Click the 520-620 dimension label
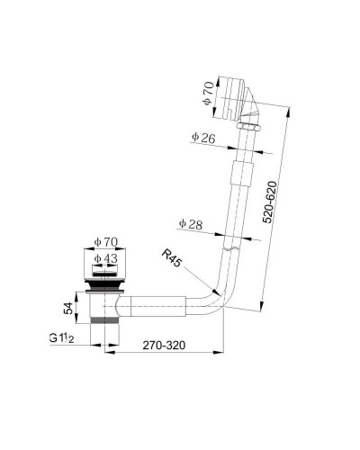[x=269, y=202]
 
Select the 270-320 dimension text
[x=164, y=345]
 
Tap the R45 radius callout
[x=172, y=258]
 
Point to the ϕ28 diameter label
[x=191, y=224]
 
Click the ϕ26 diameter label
[x=203, y=138]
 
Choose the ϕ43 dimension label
[x=105, y=258]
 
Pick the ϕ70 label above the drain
[x=105, y=242]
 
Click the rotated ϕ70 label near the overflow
[x=208, y=94]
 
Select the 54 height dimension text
[x=68, y=308]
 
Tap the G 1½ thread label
[x=61, y=338]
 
